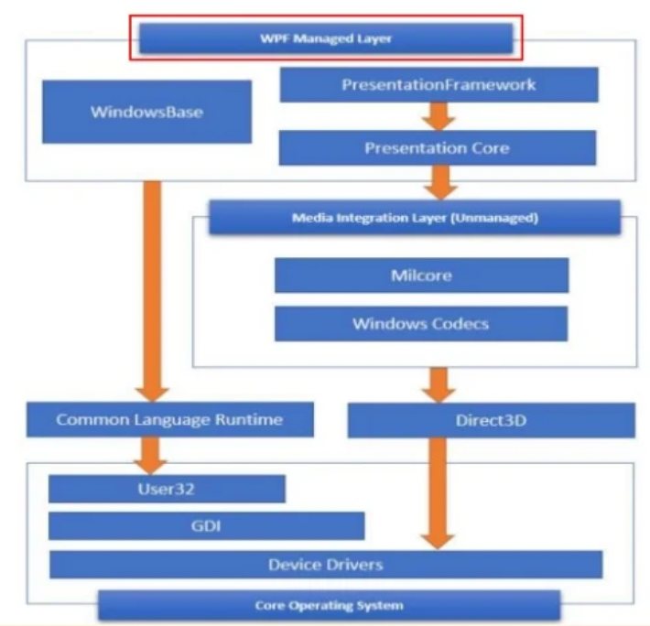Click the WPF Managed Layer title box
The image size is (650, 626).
point(325,39)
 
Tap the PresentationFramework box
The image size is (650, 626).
point(439,85)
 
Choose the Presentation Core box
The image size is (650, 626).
point(437,147)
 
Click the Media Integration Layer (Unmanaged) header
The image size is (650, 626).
point(414,219)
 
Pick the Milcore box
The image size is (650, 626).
point(421,275)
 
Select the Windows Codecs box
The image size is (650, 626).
point(421,324)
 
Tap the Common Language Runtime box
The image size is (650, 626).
point(170,420)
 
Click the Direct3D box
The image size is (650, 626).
point(492,421)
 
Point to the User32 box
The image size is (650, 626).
point(167,489)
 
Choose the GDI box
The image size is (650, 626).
point(206,526)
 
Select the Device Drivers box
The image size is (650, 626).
point(326,564)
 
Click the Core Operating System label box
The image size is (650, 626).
point(329,605)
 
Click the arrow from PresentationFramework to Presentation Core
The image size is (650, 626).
point(439,116)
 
